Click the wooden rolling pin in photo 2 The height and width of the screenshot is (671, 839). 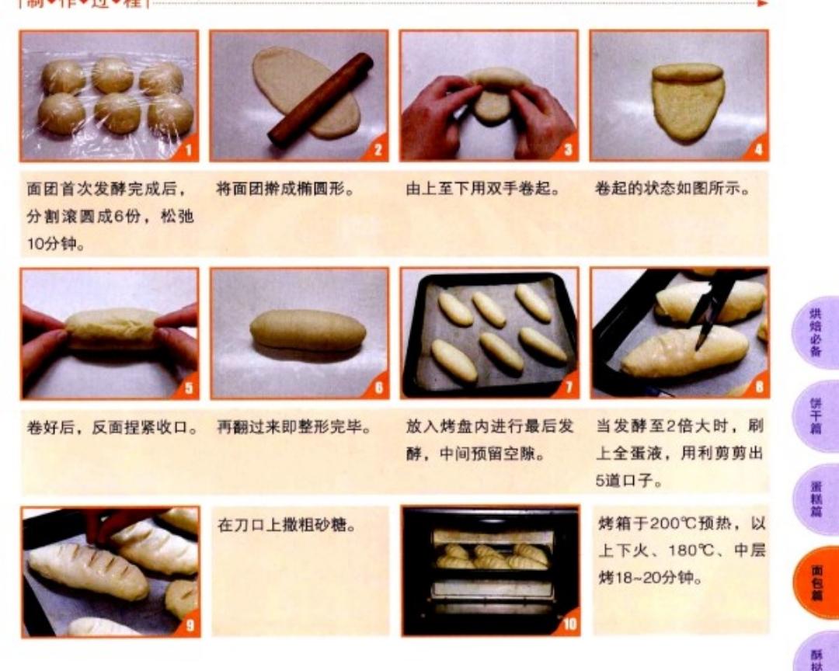(320, 99)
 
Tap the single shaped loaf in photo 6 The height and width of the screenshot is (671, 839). (308, 330)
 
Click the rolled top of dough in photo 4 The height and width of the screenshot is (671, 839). (688, 73)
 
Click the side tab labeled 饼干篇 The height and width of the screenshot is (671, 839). (816, 416)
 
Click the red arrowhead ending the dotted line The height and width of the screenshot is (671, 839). (763, 3)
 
